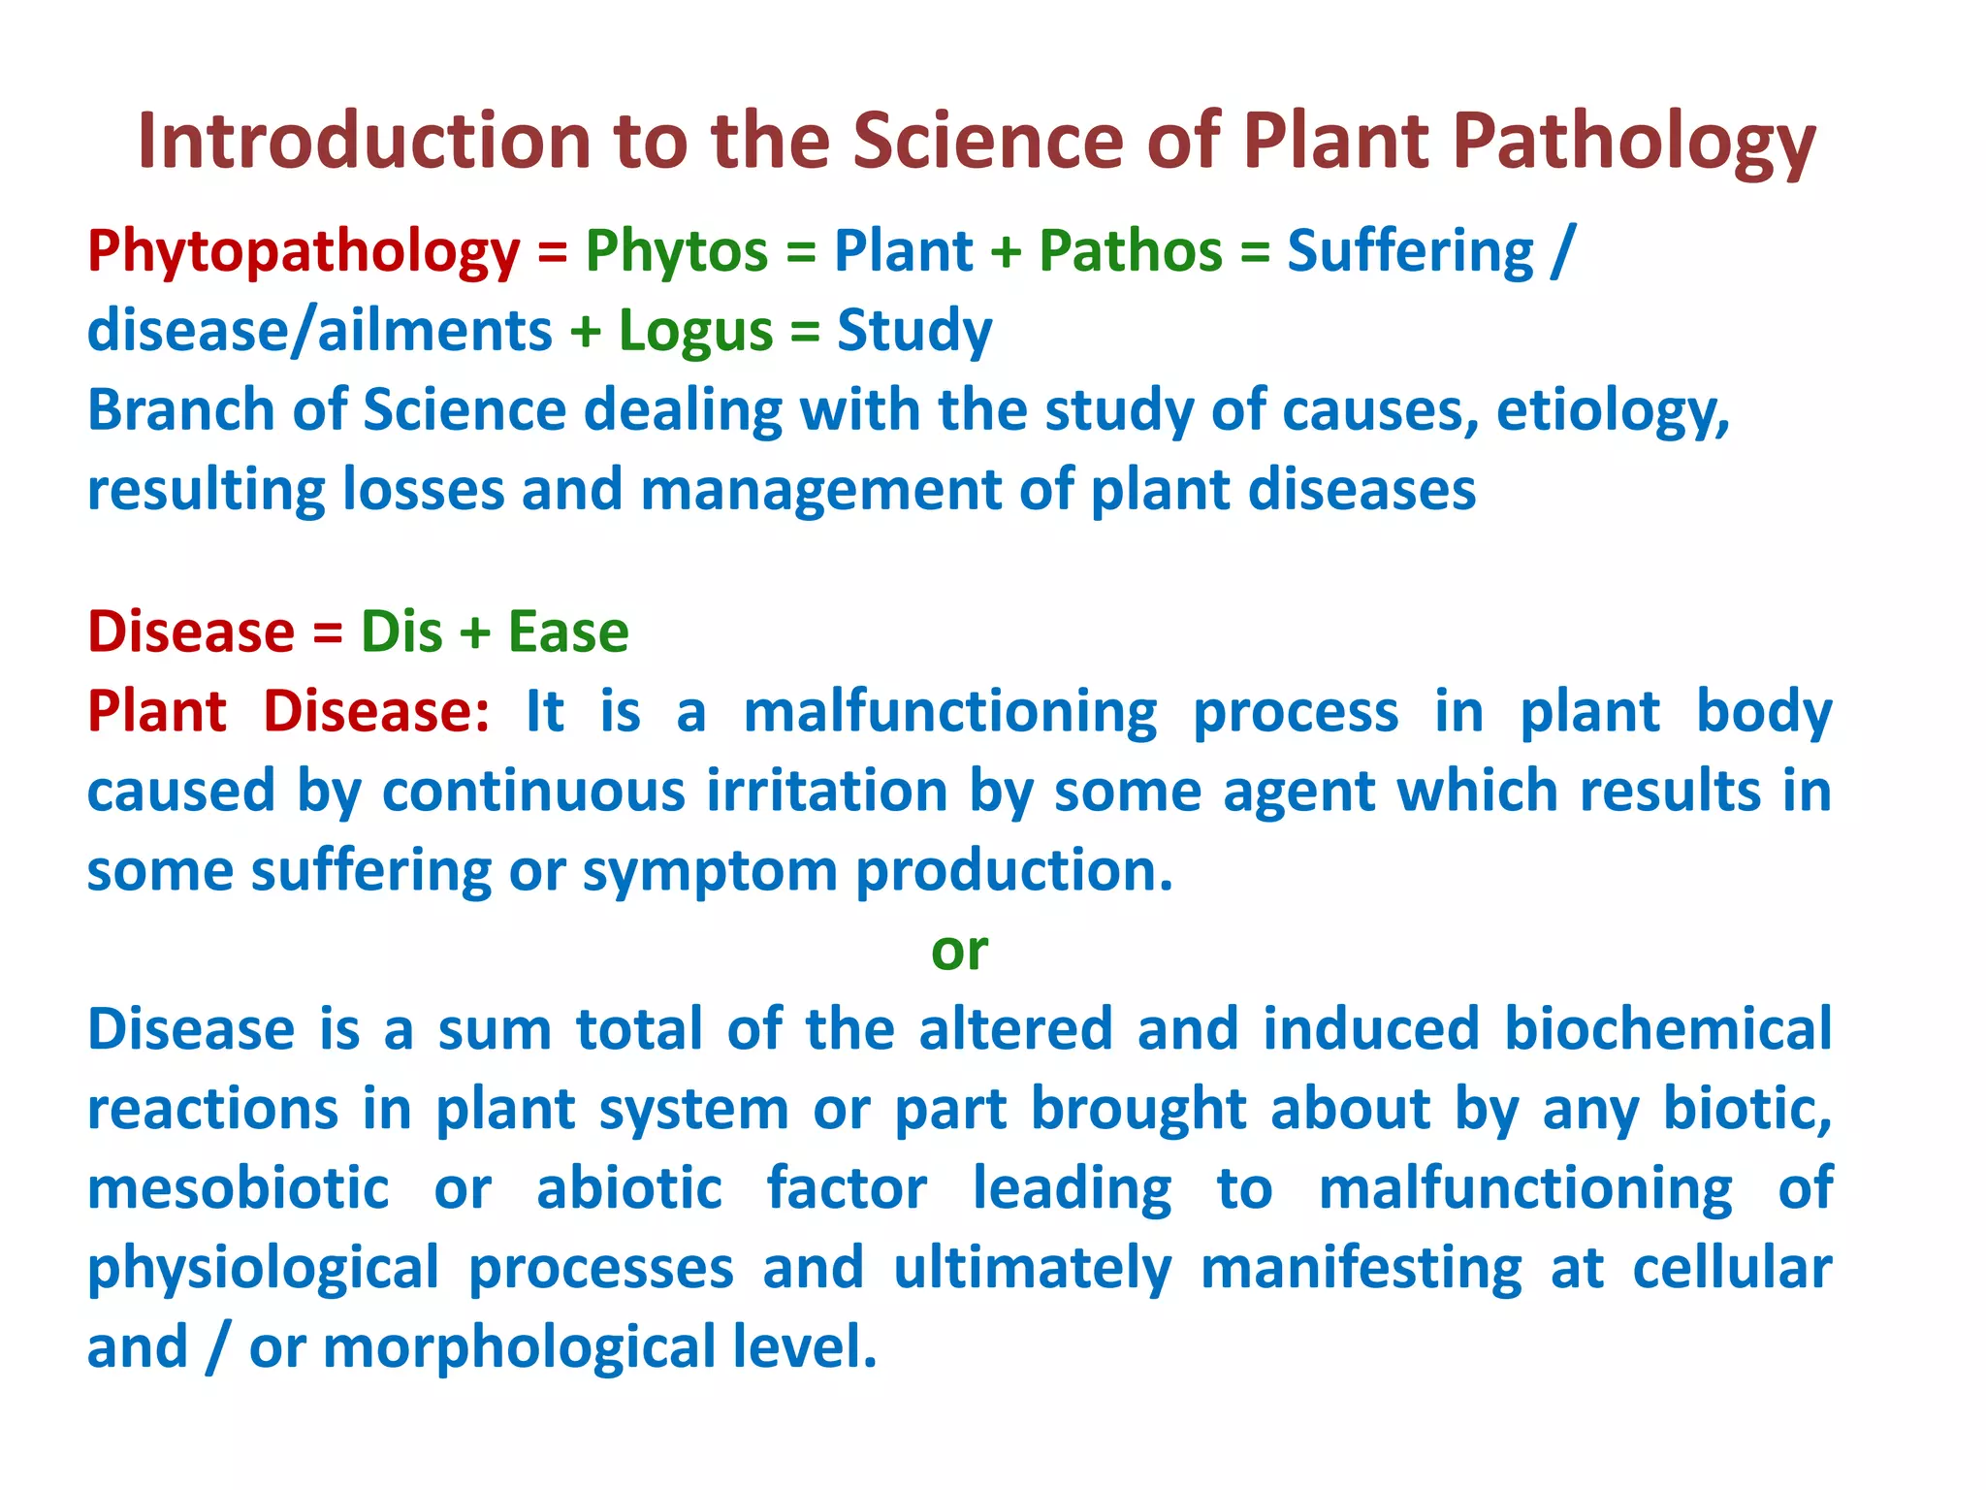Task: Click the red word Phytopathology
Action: pyautogui.click(x=304, y=252)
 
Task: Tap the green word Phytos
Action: pyautogui.click(x=676, y=252)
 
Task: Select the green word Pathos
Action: pyautogui.click(x=1130, y=252)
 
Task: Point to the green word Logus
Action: pyautogui.click(x=695, y=332)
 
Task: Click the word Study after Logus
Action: pyautogui.click(x=914, y=332)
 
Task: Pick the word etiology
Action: pyautogui.click(x=1612, y=411)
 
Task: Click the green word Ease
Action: pyautogui.click(x=568, y=632)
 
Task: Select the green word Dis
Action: pyautogui.click(x=401, y=632)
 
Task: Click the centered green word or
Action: pyautogui.click(x=959, y=951)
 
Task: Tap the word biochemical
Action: pyautogui.click(x=1667, y=1030)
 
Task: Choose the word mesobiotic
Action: pyautogui.click(x=239, y=1189)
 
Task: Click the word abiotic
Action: pyautogui.click(x=629, y=1189)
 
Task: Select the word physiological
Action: pyautogui.click(x=263, y=1269)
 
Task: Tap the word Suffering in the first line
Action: pyautogui.click(x=1410, y=252)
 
